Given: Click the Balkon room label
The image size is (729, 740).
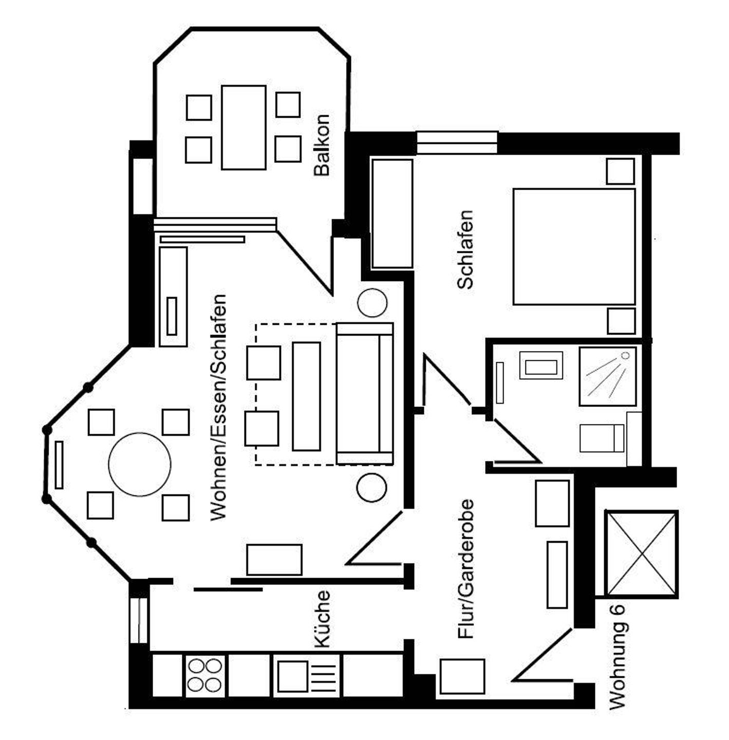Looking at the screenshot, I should pyautogui.click(x=322, y=145).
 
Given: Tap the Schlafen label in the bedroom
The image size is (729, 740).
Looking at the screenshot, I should pyautogui.click(x=465, y=249).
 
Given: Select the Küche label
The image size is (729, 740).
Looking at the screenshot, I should pyautogui.click(x=322, y=619).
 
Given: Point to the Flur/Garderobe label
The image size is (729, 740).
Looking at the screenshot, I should pyautogui.click(x=465, y=569).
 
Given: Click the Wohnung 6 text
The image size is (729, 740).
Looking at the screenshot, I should pyautogui.click(x=618, y=657).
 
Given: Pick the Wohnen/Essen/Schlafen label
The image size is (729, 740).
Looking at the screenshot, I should pyautogui.click(x=218, y=407).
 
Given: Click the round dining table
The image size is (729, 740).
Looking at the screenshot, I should pyautogui.click(x=140, y=464).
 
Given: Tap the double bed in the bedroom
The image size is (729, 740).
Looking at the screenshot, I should pyautogui.click(x=574, y=247).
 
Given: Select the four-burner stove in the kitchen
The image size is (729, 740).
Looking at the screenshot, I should pyautogui.click(x=204, y=675).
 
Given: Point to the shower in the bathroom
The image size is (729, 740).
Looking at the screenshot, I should pyautogui.click(x=607, y=376).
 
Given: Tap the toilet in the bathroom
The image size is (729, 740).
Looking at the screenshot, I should pyautogui.click(x=601, y=438).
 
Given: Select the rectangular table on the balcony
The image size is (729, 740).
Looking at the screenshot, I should pyautogui.click(x=244, y=127).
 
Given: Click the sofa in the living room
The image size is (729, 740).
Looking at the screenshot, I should pyautogui.click(x=365, y=393).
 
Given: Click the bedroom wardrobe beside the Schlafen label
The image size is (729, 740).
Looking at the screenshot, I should pyautogui.click(x=392, y=213).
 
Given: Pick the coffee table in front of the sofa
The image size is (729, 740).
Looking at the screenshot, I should pyautogui.click(x=306, y=396).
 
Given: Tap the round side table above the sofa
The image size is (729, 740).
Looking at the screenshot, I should pyautogui.click(x=372, y=303).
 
